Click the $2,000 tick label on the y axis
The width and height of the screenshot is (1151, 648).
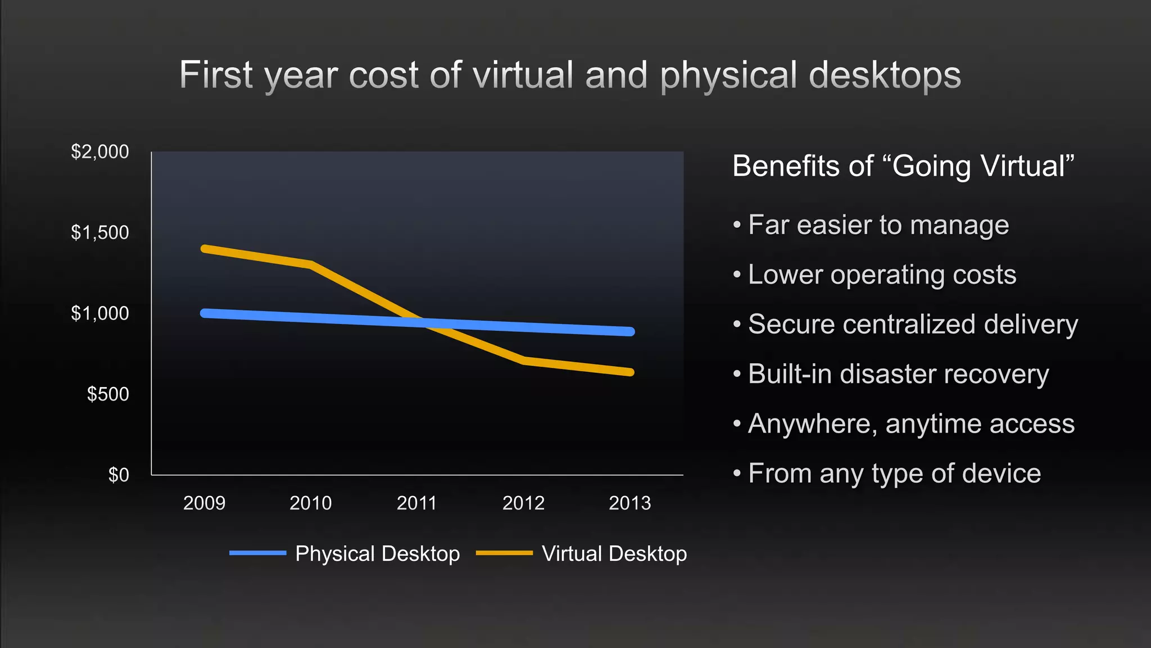click(99, 152)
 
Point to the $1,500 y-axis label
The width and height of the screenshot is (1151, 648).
click(99, 232)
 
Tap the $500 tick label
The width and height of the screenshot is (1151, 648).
click(108, 394)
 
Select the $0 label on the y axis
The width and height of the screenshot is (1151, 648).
click(119, 475)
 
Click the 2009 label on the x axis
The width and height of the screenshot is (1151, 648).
click(204, 503)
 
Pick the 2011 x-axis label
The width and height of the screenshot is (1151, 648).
click(416, 503)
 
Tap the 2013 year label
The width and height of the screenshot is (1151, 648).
click(629, 503)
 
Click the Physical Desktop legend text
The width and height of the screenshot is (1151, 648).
click(377, 554)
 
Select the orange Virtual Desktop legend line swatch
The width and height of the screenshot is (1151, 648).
click(504, 553)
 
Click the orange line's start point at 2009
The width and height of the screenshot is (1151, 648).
click(205, 249)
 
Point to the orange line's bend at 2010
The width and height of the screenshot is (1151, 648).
click(311, 264)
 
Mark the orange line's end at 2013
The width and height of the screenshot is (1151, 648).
click(631, 372)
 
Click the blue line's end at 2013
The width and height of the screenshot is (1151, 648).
click(631, 332)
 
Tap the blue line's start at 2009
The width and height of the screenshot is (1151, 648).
click(205, 313)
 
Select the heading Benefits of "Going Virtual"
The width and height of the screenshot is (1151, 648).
click(903, 166)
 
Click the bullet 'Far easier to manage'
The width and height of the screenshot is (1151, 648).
click(878, 225)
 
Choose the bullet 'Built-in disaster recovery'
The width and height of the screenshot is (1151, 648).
click(898, 374)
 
